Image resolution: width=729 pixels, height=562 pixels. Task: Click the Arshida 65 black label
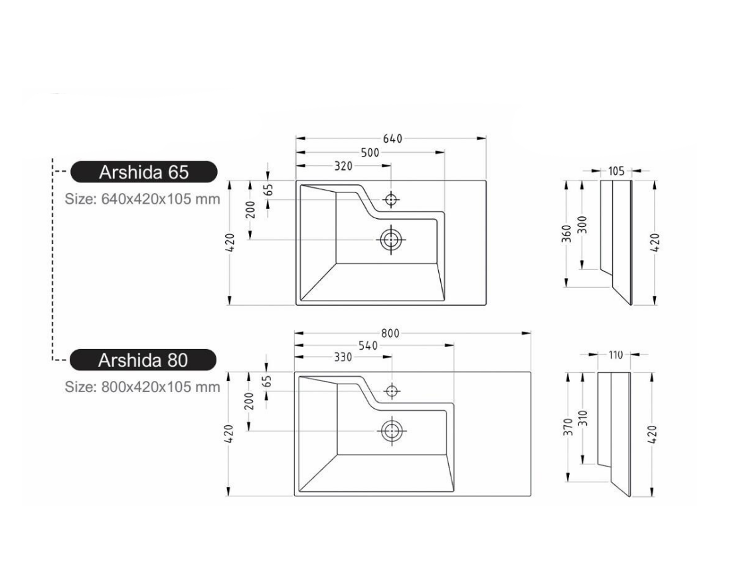tap(143, 172)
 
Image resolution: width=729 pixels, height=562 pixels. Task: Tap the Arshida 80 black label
tap(143, 360)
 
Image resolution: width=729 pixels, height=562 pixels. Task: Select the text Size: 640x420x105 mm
tap(142, 199)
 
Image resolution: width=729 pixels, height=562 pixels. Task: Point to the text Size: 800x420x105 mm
tap(142, 386)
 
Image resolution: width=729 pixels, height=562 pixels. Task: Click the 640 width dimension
tap(392, 139)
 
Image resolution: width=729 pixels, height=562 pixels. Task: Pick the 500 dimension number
tap(370, 153)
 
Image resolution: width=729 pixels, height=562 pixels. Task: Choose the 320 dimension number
tap(343, 166)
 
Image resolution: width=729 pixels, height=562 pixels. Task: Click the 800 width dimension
tap(390, 334)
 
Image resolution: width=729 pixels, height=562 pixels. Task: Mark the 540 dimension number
tap(368, 346)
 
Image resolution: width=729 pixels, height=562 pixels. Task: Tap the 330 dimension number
tap(343, 357)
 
